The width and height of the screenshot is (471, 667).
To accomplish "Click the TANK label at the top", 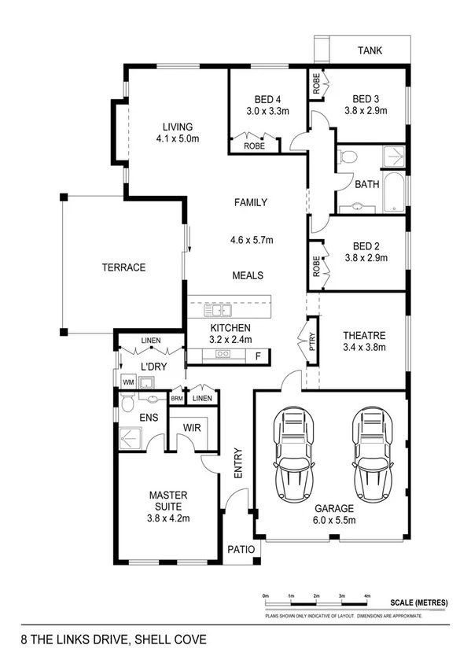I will pyautogui.click(x=370, y=51).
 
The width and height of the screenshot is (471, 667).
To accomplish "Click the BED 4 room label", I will pyautogui.click(x=267, y=99).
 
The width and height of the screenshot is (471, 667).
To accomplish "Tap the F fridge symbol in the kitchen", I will pyautogui.click(x=258, y=356).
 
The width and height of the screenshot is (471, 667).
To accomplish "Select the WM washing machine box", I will pyautogui.click(x=127, y=382).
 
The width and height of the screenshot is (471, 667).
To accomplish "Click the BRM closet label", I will pyautogui.click(x=177, y=399).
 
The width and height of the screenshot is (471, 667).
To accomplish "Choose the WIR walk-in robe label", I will pyautogui.click(x=193, y=428).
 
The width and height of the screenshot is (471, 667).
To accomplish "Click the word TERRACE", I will pyautogui.click(x=123, y=267).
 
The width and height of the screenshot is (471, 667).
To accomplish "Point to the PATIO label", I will pyautogui.click(x=241, y=550).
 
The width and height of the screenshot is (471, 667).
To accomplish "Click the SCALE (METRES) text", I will pyautogui.click(x=418, y=603).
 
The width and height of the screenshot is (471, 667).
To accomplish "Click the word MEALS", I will pyautogui.click(x=248, y=276).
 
